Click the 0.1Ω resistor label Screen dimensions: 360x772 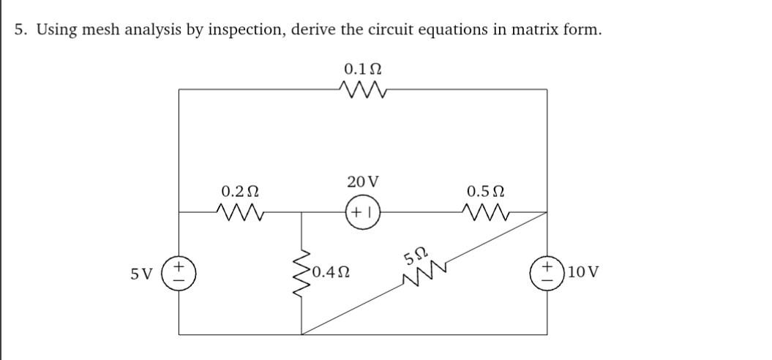point(362,70)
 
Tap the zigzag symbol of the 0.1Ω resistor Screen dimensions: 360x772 point(362,91)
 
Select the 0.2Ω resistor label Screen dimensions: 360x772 point(239,192)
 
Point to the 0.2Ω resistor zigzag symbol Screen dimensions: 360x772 point(239,213)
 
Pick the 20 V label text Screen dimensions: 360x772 point(363,181)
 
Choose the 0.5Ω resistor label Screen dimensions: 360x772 point(485,192)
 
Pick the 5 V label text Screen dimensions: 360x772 point(142,274)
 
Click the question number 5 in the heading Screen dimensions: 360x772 point(22,30)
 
